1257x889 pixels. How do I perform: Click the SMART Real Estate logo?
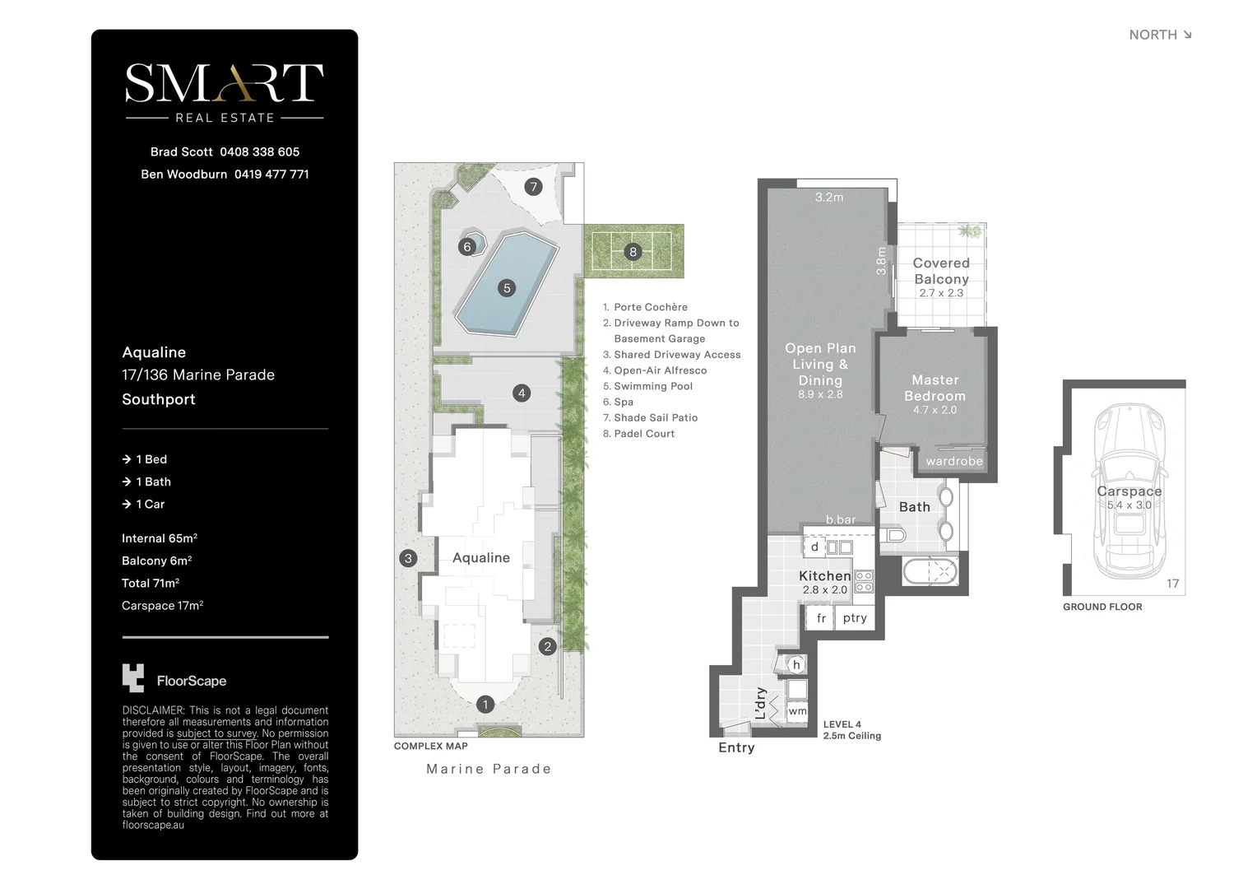[224, 91]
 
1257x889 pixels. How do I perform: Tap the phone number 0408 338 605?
[259, 151]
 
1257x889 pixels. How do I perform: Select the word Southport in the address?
[159, 399]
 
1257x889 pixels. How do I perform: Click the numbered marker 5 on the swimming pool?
[507, 288]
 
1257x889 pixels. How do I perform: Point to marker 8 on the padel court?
[633, 252]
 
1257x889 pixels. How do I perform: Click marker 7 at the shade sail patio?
[533, 187]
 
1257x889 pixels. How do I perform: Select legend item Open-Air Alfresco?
[660, 370]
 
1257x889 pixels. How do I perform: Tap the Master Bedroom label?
[935, 388]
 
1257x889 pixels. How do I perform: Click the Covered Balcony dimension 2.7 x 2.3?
[941, 293]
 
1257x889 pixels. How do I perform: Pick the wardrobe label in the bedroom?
[953, 461]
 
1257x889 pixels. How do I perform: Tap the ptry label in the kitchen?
[855, 618]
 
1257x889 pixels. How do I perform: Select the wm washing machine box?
[797, 711]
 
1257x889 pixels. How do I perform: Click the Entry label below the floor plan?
[736, 747]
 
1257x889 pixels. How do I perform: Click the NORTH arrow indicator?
[1186, 35]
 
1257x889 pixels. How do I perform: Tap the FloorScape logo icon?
[133, 678]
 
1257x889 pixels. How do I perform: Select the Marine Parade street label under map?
[489, 769]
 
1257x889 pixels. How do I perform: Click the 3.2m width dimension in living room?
[828, 198]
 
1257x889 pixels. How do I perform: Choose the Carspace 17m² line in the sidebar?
[162, 606]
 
